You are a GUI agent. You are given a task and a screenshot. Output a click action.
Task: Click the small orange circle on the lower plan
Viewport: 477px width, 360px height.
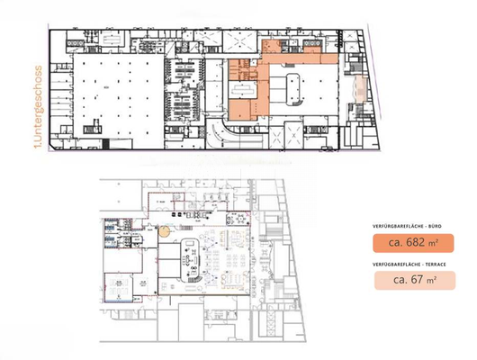(165, 231)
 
